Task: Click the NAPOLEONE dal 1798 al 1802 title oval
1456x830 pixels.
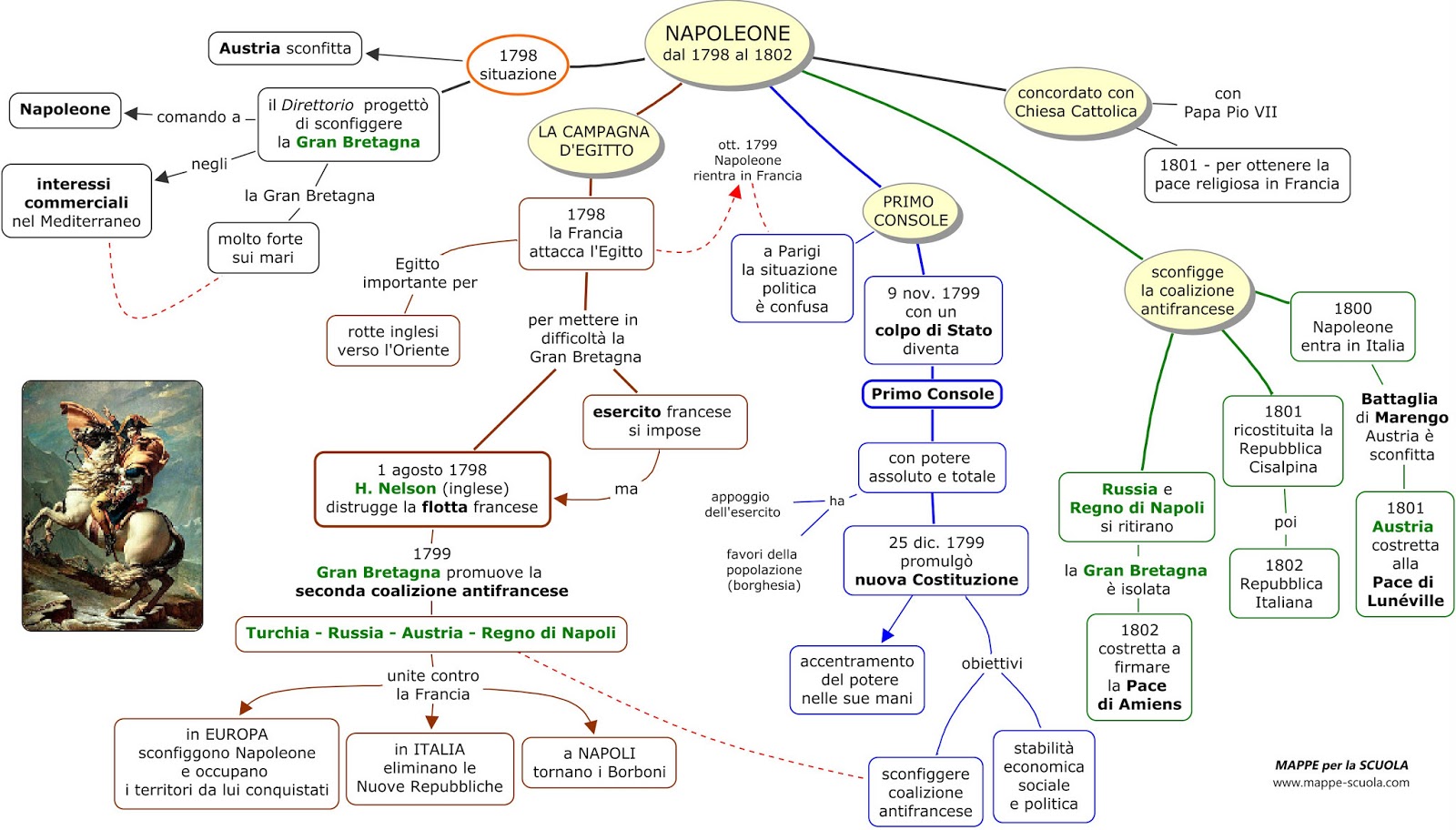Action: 727,43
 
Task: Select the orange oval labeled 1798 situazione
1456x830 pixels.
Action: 518,65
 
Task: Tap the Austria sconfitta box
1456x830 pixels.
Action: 285,48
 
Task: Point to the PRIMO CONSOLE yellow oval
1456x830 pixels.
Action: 910,210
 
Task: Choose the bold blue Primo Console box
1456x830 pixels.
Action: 932,394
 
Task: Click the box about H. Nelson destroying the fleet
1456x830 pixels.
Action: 432,489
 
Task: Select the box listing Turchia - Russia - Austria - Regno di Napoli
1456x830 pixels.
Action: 431,633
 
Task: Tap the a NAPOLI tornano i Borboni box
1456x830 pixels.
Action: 599,763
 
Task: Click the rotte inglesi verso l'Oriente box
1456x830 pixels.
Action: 393,340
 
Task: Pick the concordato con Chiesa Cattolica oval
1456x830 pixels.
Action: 1076,102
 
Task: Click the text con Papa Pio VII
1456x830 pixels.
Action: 1229,103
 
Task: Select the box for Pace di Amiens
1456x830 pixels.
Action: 1138,667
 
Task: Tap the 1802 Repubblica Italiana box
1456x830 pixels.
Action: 1284,583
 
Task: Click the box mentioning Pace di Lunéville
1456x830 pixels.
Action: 1405,553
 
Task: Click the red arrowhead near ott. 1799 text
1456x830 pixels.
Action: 736,192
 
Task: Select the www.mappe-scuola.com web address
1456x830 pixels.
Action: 1340,783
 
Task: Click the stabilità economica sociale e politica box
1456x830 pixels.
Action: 1043,776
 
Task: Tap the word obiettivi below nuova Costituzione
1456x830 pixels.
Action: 991,663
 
